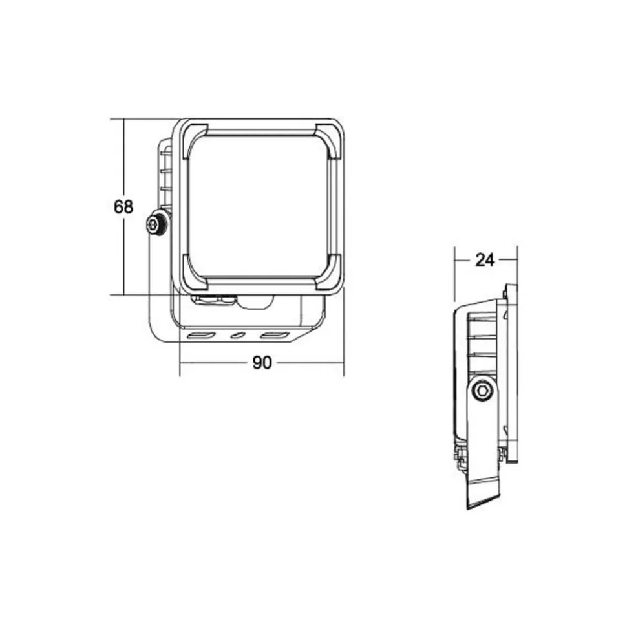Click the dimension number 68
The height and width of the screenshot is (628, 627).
click(123, 207)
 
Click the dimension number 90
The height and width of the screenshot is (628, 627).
click(262, 362)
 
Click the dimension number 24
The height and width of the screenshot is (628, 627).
click(485, 261)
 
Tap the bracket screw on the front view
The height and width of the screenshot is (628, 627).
click(155, 224)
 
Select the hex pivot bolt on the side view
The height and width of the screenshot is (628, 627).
click(482, 390)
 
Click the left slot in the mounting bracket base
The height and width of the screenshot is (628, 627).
click(202, 336)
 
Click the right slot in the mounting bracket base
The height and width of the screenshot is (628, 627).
click(275, 335)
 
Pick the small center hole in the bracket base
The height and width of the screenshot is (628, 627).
click(238, 335)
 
